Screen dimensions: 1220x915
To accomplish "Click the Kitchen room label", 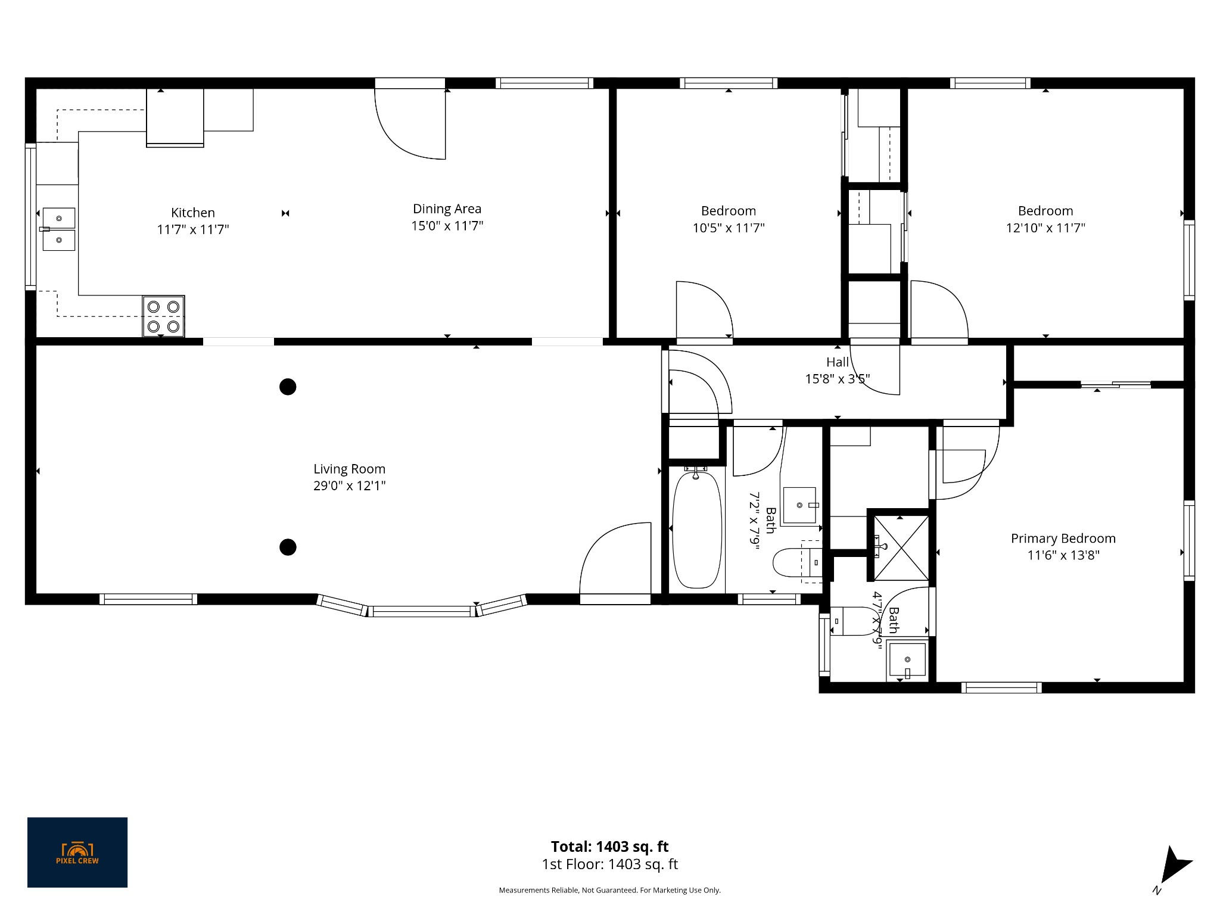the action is (x=192, y=213).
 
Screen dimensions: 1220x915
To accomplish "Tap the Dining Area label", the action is (x=447, y=208).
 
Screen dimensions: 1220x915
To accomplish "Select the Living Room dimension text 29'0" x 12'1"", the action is (x=349, y=485).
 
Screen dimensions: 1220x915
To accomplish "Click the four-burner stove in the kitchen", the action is (x=163, y=316).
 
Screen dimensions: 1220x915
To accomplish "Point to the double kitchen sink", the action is (x=58, y=229).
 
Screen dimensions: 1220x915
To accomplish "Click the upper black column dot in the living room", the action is (x=288, y=387).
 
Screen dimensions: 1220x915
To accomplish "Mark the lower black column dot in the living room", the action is (x=288, y=547).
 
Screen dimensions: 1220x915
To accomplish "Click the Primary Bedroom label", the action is (x=1063, y=539).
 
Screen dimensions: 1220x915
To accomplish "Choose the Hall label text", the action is (x=837, y=362).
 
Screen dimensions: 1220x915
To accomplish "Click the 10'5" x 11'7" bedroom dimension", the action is (x=728, y=228).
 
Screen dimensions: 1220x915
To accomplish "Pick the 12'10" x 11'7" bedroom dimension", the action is (x=1045, y=228).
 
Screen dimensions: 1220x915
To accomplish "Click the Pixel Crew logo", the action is (x=77, y=852).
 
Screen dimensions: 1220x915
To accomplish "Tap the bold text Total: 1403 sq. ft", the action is (x=609, y=846).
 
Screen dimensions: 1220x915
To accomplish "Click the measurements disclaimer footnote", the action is (x=609, y=890).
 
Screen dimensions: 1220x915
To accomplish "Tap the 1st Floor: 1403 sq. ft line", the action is (x=609, y=864).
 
